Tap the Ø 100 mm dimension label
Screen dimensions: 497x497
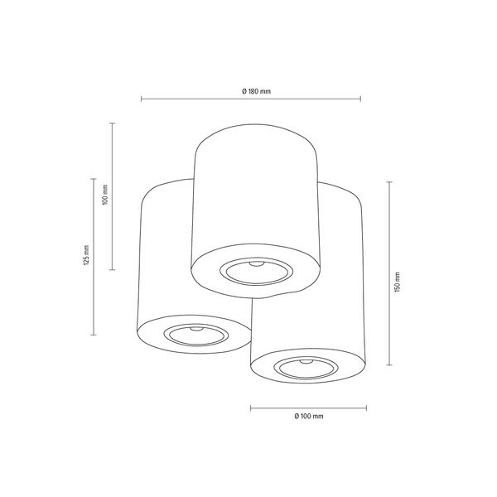point(307,417)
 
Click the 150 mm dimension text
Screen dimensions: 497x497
point(397,282)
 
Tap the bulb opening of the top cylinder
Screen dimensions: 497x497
point(255,270)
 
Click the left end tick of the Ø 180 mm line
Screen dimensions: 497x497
point(141,99)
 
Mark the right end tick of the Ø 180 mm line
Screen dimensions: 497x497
point(360,99)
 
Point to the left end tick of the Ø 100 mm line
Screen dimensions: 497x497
point(250,408)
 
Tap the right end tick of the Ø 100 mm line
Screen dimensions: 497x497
point(366,408)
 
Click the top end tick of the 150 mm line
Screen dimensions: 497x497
point(390,182)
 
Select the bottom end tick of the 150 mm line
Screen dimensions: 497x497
point(390,364)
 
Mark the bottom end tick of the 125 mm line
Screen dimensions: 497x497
point(94,335)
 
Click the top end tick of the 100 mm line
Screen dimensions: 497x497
point(112,123)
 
